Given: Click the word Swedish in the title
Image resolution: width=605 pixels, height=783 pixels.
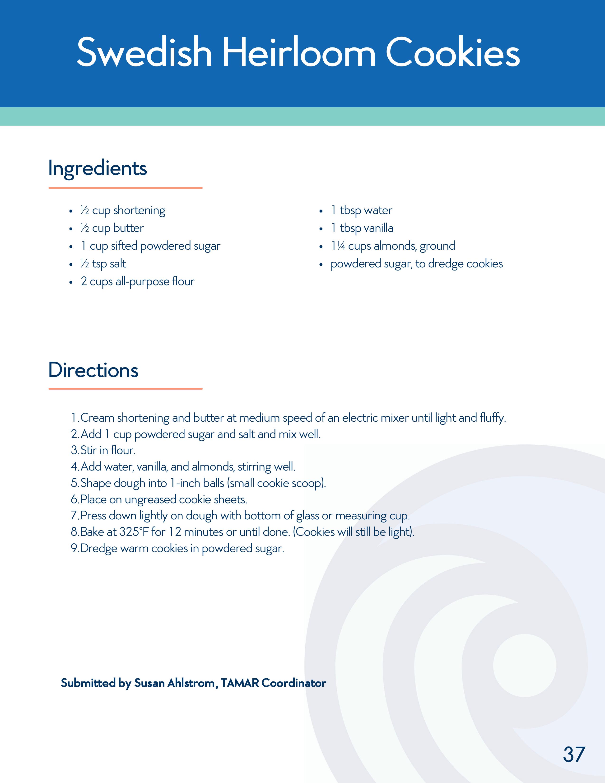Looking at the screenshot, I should pos(144,53).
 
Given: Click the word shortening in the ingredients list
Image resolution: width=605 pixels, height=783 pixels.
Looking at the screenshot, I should pos(140,210).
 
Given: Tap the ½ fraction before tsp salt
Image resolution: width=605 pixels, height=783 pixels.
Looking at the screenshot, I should pos(85,264).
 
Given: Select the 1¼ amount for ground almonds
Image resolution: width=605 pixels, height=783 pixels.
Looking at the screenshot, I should pos(338,246).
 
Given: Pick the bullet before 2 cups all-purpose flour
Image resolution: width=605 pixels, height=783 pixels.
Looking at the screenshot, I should pos(71,282).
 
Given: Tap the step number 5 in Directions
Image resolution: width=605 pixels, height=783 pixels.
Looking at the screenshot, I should pos(74,483).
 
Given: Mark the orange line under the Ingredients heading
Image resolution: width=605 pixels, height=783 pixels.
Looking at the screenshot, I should pos(126,187).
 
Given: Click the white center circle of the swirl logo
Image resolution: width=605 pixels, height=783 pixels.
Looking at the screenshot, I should pos(524,665).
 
